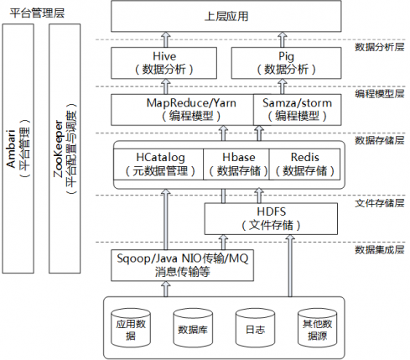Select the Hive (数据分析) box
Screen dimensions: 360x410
(x=164, y=62)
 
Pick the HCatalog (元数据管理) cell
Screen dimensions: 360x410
(x=159, y=164)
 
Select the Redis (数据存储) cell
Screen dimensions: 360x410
(x=304, y=164)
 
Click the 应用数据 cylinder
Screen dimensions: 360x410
(x=130, y=327)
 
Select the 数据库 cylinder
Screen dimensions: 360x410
(x=192, y=327)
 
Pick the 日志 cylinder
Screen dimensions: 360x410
(x=254, y=327)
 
